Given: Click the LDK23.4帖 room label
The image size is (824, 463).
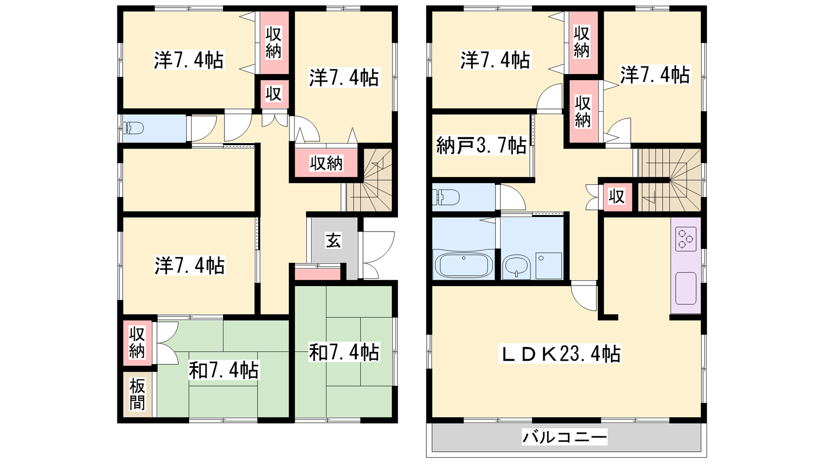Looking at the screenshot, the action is [x=559, y=354].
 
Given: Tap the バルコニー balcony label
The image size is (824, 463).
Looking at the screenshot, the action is [x=564, y=437].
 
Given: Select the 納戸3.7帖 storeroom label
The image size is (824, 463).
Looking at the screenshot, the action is [x=481, y=146].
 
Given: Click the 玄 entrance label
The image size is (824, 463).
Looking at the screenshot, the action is [x=333, y=241].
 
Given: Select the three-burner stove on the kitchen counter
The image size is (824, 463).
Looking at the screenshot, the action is [x=685, y=239].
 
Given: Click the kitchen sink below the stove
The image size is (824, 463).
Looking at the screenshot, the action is [x=685, y=289].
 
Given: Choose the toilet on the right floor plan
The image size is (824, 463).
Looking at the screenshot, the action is [x=447, y=197].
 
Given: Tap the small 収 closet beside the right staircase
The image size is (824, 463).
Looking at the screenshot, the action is [x=617, y=197].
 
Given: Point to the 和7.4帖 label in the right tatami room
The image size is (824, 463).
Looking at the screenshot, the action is [x=344, y=352].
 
